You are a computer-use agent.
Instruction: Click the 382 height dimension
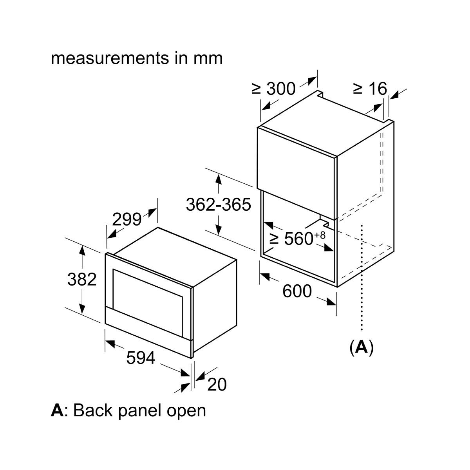click(x=82, y=280)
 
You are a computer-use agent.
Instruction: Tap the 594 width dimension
click(x=141, y=358)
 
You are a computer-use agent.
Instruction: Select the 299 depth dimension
click(x=127, y=219)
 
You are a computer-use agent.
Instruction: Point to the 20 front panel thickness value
click(x=217, y=385)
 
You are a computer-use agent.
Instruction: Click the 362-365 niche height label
click(x=218, y=204)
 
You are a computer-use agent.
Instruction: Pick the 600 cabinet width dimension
click(x=297, y=291)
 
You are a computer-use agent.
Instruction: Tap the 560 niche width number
click(x=299, y=239)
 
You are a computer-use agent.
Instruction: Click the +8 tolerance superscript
click(x=320, y=235)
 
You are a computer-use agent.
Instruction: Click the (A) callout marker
click(x=362, y=347)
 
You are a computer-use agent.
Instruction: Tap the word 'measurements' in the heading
click(x=110, y=58)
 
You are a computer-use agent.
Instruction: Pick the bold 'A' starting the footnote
click(x=57, y=411)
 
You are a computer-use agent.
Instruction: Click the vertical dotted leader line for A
click(x=362, y=278)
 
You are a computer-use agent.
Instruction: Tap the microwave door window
click(x=148, y=303)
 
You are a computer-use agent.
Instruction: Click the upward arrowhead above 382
click(x=82, y=251)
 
